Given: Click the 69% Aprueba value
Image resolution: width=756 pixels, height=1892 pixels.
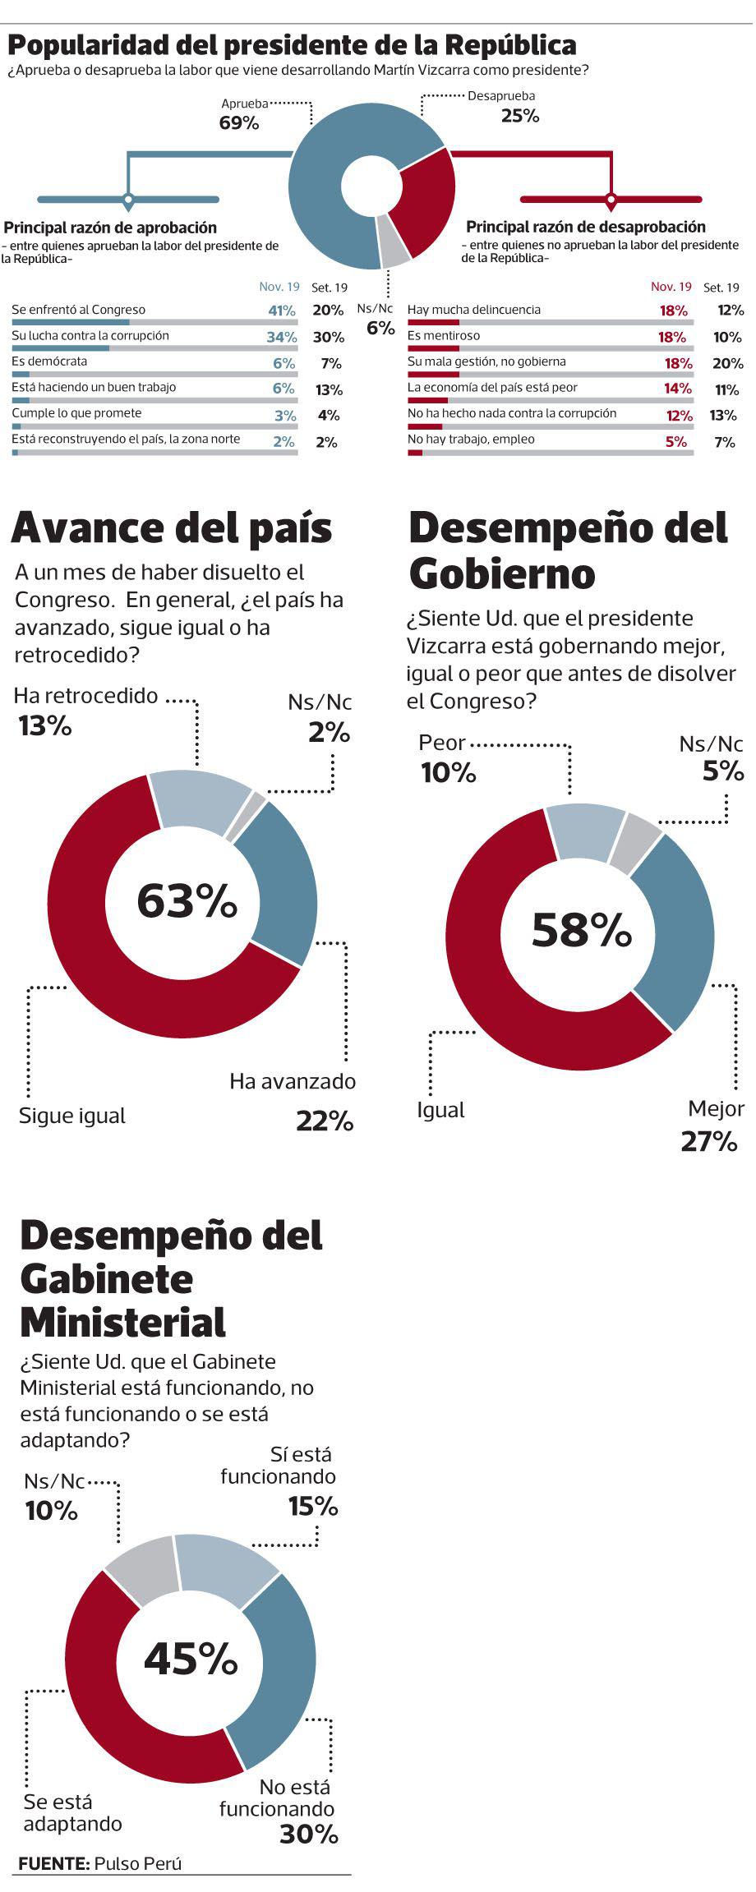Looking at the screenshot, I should (x=238, y=123).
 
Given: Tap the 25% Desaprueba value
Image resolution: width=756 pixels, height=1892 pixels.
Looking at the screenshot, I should (x=520, y=116).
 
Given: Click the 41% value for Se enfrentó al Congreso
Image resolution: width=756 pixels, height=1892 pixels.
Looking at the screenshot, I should (x=281, y=311).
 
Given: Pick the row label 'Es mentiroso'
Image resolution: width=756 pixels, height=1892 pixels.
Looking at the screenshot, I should (x=444, y=335).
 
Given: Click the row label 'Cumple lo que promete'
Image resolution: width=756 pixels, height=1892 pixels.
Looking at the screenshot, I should (x=76, y=413).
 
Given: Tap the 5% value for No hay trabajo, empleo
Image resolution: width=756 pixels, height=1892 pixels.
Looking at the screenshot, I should (x=675, y=441).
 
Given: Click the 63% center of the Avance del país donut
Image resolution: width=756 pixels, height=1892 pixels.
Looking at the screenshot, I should (x=187, y=900).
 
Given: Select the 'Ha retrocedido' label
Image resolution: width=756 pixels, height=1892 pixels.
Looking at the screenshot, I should (x=85, y=696).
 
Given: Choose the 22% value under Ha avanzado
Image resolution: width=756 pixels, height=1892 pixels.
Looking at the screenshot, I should (x=325, y=1121).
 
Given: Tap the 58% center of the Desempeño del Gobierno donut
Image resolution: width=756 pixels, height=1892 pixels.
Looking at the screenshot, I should (x=582, y=929).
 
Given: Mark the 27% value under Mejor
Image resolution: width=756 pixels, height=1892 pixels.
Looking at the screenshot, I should (x=708, y=1141).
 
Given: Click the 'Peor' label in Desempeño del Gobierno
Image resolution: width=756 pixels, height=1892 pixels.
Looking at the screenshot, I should (x=442, y=743).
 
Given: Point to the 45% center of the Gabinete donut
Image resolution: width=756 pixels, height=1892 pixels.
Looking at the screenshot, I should (x=191, y=1658).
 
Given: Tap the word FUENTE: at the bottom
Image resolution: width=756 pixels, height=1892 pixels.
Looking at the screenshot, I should (x=53, y=1864).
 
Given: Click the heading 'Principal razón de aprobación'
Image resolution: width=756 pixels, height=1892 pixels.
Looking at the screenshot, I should (x=111, y=228).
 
